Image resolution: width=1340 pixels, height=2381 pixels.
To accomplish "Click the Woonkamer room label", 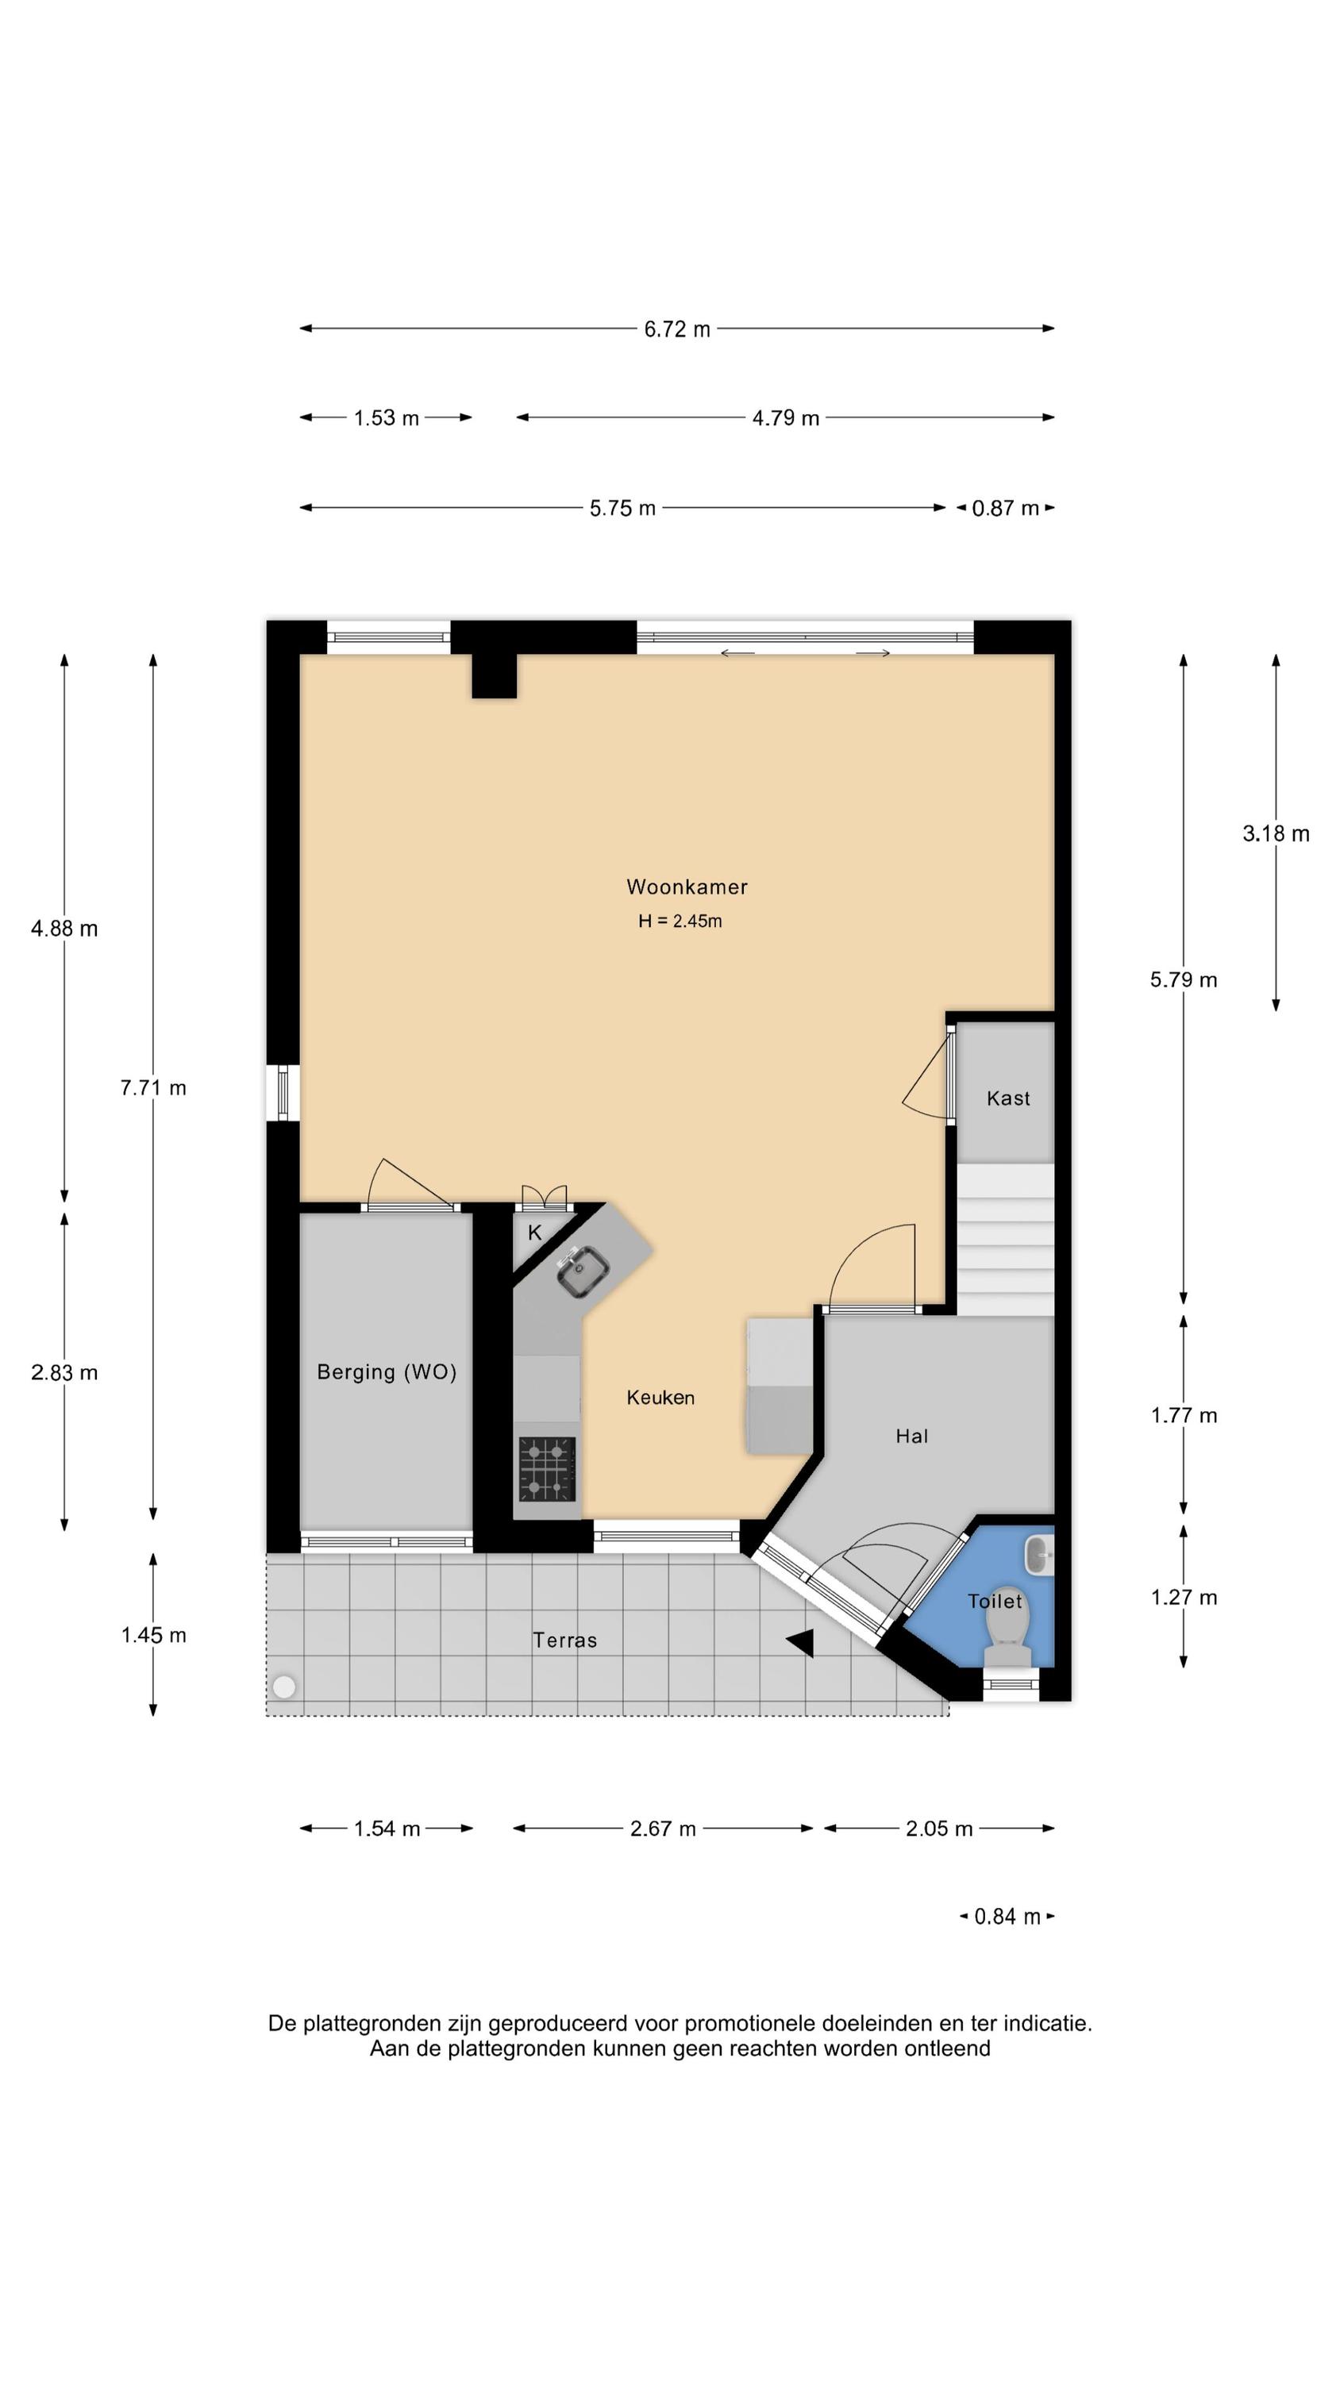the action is [686, 887].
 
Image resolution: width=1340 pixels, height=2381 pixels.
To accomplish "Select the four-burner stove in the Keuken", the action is [546, 1469].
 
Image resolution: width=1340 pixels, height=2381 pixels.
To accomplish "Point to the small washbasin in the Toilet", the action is [1038, 1555].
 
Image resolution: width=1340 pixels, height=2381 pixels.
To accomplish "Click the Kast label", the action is [1008, 1098].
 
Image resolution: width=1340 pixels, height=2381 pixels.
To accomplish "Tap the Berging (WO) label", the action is [387, 1371].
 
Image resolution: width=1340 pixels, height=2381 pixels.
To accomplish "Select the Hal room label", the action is [911, 1436].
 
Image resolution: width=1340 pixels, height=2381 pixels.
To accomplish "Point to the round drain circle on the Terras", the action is [284, 1687].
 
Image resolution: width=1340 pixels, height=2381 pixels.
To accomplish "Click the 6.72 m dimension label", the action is [677, 329].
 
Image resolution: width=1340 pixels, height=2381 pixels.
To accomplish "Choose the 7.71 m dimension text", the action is [153, 1088].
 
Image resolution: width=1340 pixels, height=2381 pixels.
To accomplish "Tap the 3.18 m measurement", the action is [1275, 833].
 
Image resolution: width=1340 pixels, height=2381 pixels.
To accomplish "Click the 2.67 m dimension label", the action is [663, 1829].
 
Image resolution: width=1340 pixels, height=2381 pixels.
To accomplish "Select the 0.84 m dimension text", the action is [1007, 1916].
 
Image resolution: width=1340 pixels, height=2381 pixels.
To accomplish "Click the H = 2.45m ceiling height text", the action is [680, 921].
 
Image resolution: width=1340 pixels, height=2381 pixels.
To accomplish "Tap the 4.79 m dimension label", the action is [785, 417].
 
